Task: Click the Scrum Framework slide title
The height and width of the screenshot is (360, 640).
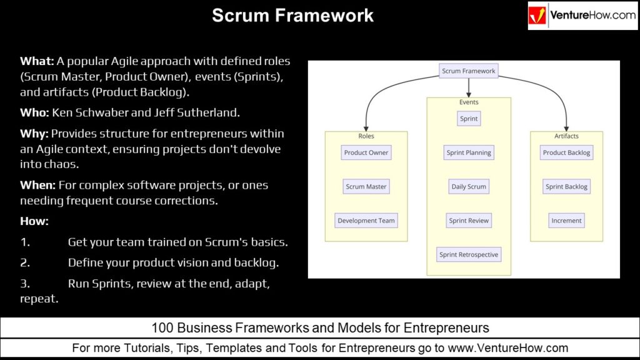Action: click(x=292, y=15)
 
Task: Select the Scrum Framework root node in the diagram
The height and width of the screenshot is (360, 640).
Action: click(x=468, y=71)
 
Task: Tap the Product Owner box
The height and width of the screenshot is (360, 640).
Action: click(x=366, y=152)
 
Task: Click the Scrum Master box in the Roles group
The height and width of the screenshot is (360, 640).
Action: click(x=366, y=186)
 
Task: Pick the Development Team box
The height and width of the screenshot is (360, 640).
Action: click(x=366, y=221)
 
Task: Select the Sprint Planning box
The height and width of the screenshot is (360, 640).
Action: click(x=469, y=152)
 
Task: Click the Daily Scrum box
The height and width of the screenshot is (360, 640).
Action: click(x=469, y=186)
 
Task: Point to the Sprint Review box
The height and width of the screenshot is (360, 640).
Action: click(x=469, y=221)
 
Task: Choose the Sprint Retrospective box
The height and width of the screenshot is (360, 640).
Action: click(x=469, y=254)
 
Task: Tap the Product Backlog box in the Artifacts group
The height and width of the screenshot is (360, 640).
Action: click(x=566, y=152)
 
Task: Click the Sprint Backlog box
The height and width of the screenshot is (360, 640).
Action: click(x=566, y=186)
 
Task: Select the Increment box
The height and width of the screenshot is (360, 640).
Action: click(x=566, y=221)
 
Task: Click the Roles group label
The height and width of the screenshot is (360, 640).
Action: click(x=366, y=136)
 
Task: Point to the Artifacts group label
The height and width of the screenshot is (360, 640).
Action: click(x=566, y=136)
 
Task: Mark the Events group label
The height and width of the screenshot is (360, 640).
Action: click(x=469, y=102)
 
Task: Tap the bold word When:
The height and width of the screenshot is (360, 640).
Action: click(x=37, y=186)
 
